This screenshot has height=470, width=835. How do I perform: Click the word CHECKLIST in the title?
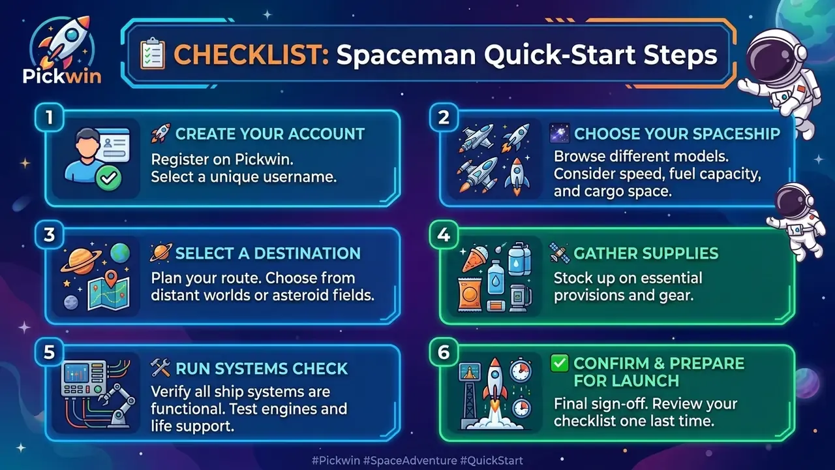[x=251, y=54]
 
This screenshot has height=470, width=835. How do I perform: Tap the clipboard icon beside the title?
[x=152, y=54]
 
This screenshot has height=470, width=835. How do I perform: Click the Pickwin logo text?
[x=62, y=76]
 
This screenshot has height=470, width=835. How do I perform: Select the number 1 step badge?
[x=49, y=117]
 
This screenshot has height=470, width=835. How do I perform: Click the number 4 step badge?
[x=444, y=234]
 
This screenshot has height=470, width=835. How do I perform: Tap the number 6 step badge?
[x=444, y=352]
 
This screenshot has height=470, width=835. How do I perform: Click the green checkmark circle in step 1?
[x=108, y=178]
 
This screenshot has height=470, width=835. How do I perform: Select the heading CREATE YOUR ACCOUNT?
[x=270, y=134]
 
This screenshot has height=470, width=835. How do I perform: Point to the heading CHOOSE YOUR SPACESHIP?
[x=677, y=134]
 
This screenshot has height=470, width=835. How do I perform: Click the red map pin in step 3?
[x=111, y=279]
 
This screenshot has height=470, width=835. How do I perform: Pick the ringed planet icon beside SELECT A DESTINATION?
[x=160, y=253]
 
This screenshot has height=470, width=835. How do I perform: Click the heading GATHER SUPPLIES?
[x=646, y=253]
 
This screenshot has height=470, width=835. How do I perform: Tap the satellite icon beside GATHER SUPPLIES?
[x=560, y=253]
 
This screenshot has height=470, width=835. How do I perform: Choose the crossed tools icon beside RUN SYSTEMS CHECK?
[x=160, y=368]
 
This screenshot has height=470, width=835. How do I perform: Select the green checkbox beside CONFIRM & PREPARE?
[x=560, y=364]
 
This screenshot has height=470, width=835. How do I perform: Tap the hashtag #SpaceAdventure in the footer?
[x=410, y=461]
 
